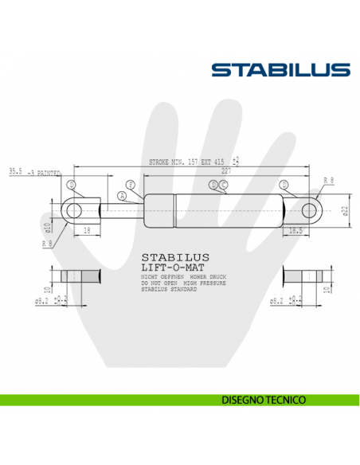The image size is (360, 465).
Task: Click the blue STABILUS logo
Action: tap(280, 70)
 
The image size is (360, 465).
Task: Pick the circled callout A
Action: tap(122, 195)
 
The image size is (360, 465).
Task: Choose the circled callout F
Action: tap(131, 185)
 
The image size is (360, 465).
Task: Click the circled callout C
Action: tap(224, 185)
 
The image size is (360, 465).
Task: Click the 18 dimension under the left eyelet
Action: tap(85, 230)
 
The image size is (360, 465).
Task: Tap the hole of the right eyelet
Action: tap(310, 210)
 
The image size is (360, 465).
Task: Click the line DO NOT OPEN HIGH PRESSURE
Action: tap(182, 283)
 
